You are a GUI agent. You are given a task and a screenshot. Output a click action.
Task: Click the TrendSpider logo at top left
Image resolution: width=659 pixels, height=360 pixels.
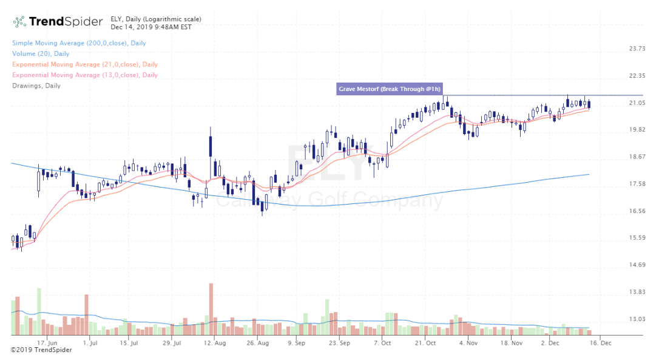[58, 22]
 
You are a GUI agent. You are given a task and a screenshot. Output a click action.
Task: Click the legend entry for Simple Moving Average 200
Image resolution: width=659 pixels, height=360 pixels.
[79, 43]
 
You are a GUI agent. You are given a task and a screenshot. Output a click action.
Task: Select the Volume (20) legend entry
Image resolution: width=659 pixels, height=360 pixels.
[36, 54]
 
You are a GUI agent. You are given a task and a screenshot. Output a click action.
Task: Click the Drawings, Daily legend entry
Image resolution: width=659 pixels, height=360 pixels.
[36, 86]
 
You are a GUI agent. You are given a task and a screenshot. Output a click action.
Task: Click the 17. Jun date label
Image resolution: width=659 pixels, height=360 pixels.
[47, 343]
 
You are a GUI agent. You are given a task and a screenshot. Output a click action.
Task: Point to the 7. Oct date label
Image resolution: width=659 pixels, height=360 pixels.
[382, 343]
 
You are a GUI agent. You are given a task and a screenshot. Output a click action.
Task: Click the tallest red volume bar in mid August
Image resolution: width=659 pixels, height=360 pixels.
[211, 308]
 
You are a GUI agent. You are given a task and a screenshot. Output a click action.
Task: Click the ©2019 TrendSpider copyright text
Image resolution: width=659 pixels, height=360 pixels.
[41, 350]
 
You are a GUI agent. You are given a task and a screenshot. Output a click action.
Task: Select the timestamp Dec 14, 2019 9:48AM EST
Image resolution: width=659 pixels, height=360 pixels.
[151, 27]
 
